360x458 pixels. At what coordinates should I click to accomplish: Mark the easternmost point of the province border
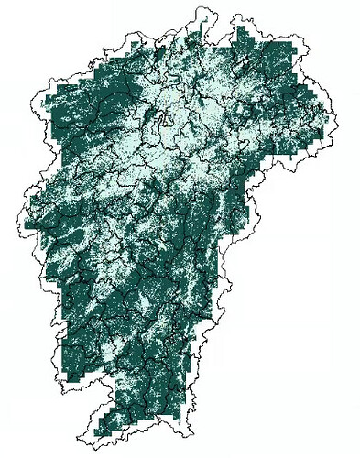(x=336, y=119)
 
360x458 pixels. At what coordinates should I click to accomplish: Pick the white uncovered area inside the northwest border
(x=41, y=101)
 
